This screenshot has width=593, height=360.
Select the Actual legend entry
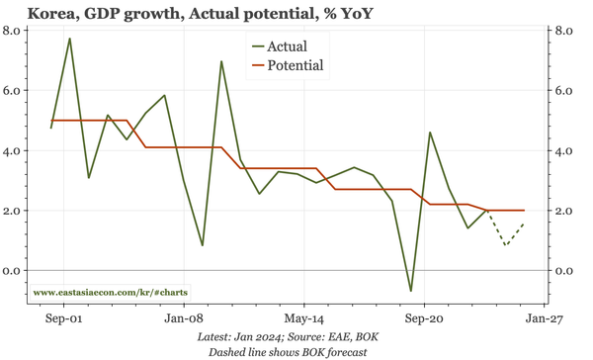point(287,46)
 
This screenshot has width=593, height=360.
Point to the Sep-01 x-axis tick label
point(64,320)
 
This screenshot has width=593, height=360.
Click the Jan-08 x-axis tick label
point(184,320)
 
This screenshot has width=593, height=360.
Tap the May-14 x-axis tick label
point(303,320)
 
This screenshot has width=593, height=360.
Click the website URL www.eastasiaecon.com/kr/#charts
point(112,294)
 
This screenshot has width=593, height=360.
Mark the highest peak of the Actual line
point(70,39)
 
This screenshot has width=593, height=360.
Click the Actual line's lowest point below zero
point(410,291)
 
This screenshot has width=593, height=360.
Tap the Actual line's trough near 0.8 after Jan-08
point(203,245)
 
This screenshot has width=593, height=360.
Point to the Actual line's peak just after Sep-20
point(430,133)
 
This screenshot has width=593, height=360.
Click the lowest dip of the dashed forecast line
point(506,244)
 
